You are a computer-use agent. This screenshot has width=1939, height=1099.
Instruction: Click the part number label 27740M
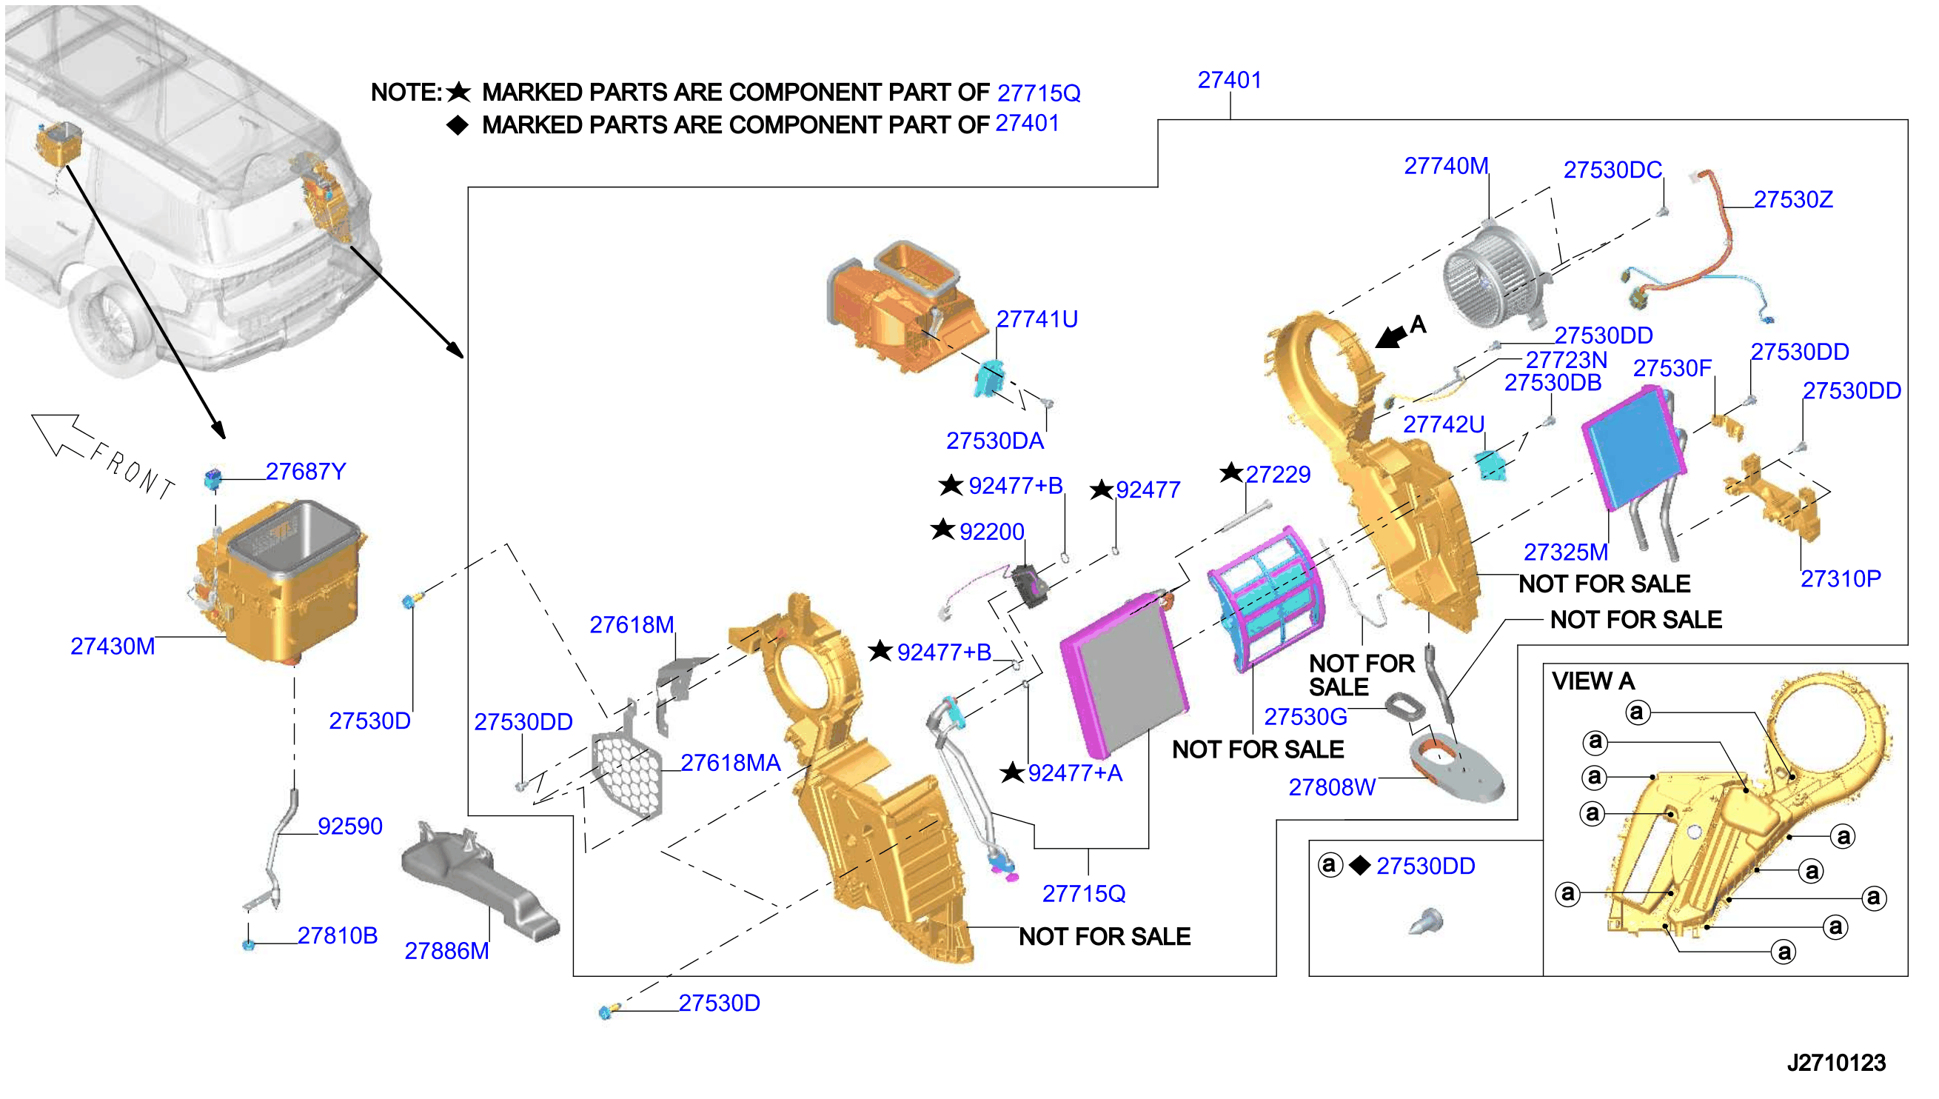[x=1446, y=166]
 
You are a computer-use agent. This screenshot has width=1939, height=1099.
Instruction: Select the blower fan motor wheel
[x=1495, y=276]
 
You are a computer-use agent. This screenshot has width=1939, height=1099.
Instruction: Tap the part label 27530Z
[x=1792, y=200]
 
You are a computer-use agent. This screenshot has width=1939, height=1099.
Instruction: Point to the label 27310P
[x=1841, y=579]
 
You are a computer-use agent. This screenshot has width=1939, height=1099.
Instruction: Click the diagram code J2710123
[x=1835, y=1063]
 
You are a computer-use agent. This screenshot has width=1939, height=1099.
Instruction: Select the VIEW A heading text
[x=1593, y=681]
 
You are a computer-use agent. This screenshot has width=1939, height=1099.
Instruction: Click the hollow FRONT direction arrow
[x=63, y=435]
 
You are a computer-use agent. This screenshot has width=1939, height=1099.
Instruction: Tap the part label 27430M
[x=113, y=647]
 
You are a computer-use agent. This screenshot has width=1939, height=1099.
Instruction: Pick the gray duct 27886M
[x=480, y=882]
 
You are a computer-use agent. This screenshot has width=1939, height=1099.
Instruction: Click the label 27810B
[x=338, y=936]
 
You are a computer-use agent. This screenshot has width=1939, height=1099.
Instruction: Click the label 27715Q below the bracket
[x=1083, y=895]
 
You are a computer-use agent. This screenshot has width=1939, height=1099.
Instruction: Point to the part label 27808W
[x=1332, y=788]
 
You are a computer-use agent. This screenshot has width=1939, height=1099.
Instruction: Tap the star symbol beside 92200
[x=943, y=530]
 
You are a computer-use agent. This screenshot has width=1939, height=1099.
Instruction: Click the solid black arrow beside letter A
[x=1391, y=335]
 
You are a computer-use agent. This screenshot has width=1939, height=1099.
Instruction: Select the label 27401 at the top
[x=1230, y=80]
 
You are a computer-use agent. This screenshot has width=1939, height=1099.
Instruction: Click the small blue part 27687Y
[x=212, y=478]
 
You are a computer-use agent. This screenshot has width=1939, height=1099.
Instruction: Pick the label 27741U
[x=1037, y=319]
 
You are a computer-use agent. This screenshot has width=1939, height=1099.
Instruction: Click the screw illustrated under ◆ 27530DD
[x=1427, y=921]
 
